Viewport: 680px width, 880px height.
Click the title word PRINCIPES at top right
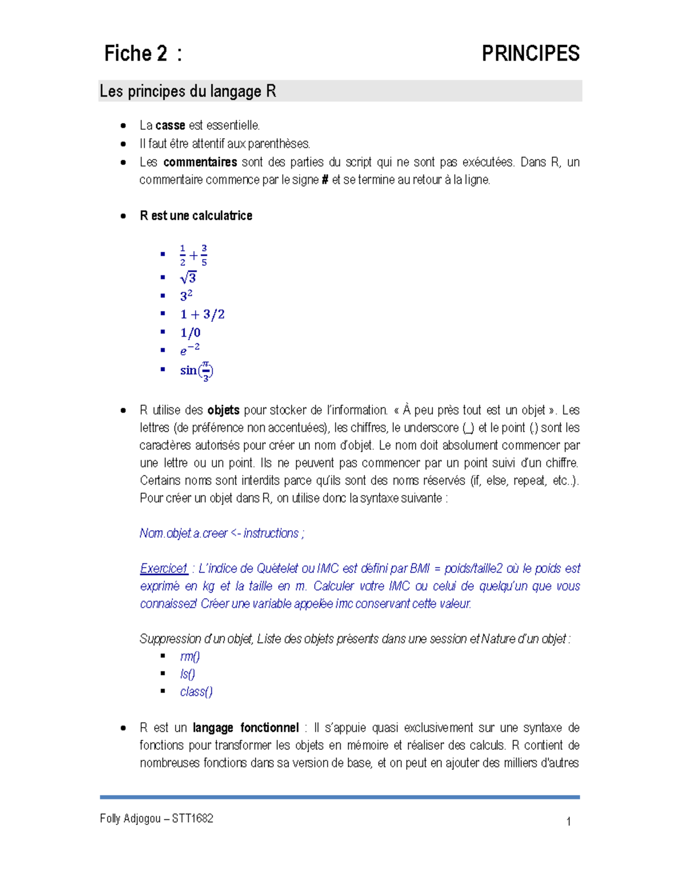(x=530, y=54)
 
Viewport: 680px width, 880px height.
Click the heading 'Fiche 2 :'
(x=143, y=54)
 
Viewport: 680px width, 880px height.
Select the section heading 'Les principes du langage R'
(x=188, y=91)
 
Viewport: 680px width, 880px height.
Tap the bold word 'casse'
(x=170, y=125)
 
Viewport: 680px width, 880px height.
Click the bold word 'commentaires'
(x=200, y=162)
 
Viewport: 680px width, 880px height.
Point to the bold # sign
(x=325, y=180)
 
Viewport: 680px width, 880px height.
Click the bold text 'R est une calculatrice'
(x=196, y=216)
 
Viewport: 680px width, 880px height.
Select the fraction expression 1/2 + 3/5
(x=193, y=256)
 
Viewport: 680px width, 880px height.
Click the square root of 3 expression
(x=188, y=278)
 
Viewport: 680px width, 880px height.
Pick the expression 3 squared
(x=186, y=296)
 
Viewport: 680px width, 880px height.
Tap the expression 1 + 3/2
(x=202, y=314)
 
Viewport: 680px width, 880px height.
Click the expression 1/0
(x=190, y=333)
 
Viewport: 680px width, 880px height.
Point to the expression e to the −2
(x=190, y=350)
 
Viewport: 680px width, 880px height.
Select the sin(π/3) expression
(x=197, y=371)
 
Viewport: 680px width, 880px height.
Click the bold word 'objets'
(x=223, y=410)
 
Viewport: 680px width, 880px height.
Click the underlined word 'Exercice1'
(x=164, y=568)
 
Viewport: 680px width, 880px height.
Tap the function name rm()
(x=190, y=656)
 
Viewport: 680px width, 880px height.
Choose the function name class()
(x=196, y=692)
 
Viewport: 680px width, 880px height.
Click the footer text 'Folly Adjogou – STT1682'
(x=156, y=818)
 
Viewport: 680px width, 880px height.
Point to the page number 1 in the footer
(x=568, y=822)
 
